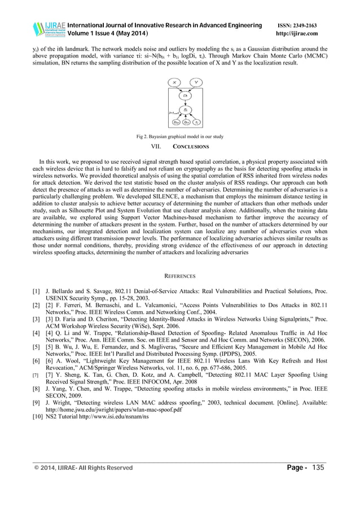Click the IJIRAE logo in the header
click(x=49, y=29)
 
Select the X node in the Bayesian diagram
click(x=175, y=82)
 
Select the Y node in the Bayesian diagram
click(x=195, y=82)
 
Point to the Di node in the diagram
click(x=186, y=96)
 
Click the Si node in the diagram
click(x=186, y=110)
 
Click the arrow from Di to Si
click(x=186, y=103)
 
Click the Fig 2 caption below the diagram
click(x=179, y=136)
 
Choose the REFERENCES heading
click(x=179, y=276)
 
